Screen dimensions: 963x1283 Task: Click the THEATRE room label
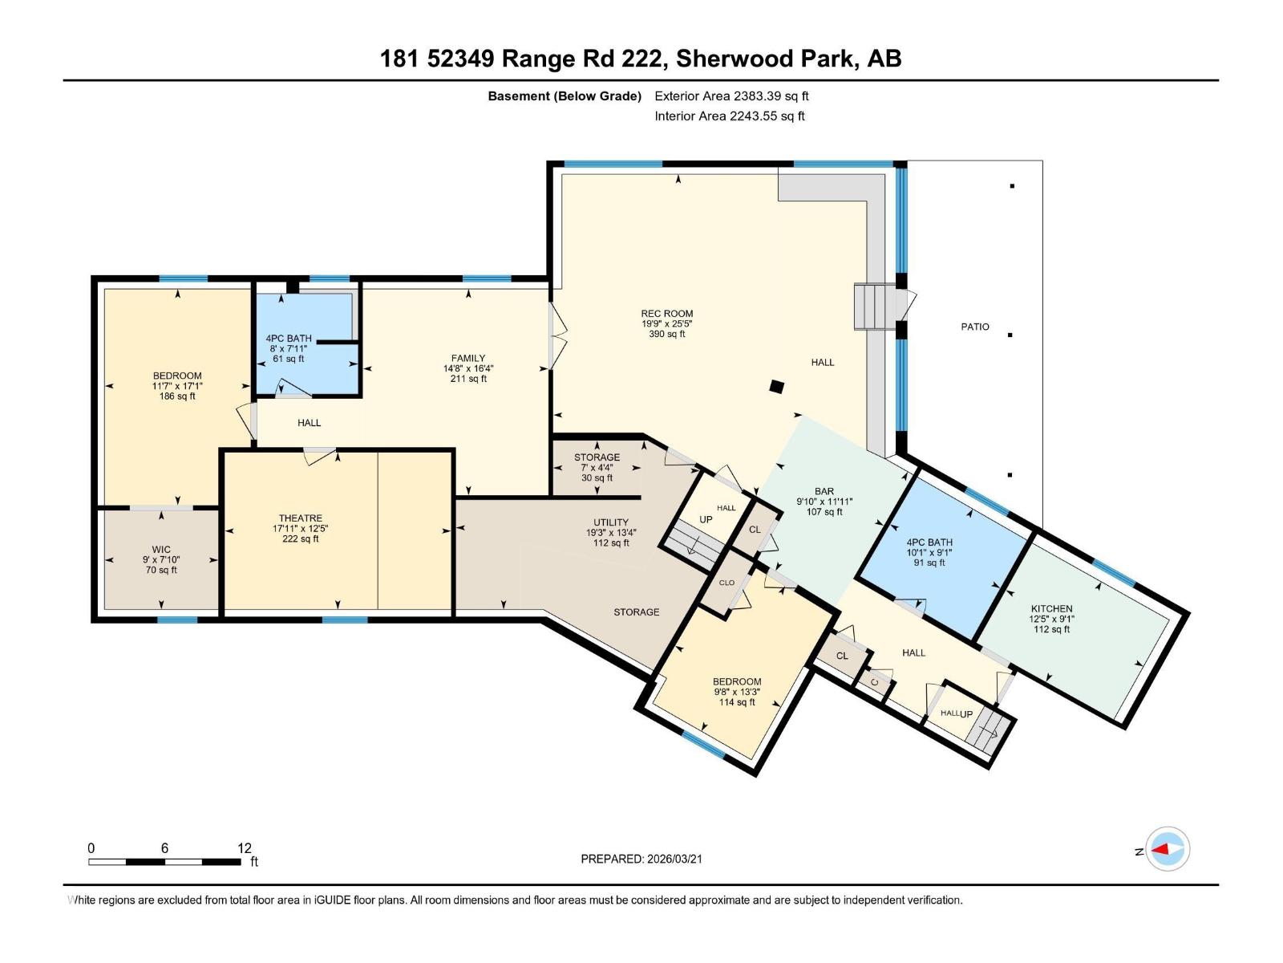pyautogui.click(x=301, y=518)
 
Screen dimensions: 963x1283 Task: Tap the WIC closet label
pyautogui.click(x=160, y=550)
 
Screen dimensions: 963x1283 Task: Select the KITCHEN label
pyautogui.click(x=1051, y=609)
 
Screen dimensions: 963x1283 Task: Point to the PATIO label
pyautogui.click(x=975, y=327)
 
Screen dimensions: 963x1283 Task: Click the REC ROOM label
pyautogui.click(x=666, y=314)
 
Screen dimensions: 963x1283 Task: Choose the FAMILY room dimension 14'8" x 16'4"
pyautogui.click(x=468, y=369)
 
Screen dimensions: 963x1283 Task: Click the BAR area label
pyautogui.click(x=824, y=491)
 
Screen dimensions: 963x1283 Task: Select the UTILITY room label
pyautogui.click(x=610, y=522)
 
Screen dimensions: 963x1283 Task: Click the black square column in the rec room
pyautogui.click(x=776, y=387)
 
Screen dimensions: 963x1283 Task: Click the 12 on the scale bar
pyautogui.click(x=244, y=848)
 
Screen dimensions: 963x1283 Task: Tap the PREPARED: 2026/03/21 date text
pyautogui.click(x=641, y=859)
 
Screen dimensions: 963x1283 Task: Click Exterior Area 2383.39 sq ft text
pyautogui.click(x=731, y=95)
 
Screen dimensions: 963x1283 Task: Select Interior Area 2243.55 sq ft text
pyautogui.click(x=729, y=116)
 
